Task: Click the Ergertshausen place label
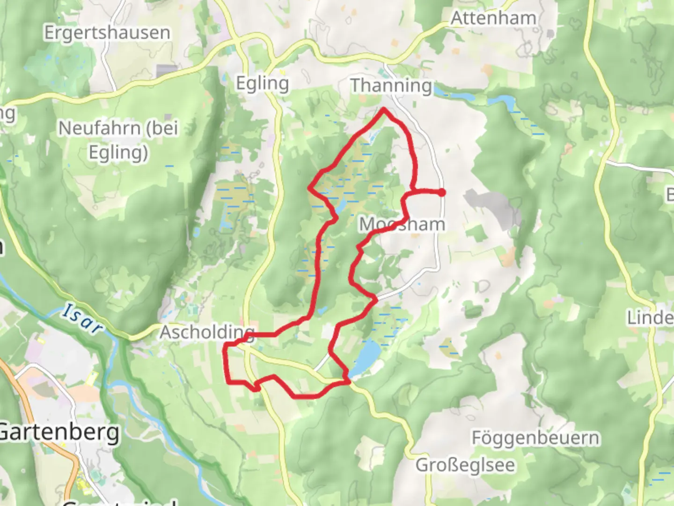[x=107, y=33]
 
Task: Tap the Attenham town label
[x=493, y=19]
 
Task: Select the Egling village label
[x=262, y=83]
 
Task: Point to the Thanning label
[x=391, y=86]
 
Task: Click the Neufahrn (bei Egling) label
[x=118, y=140]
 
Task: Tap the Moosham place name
[x=402, y=224]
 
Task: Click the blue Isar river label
[x=82, y=319]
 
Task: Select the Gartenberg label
[x=59, y=432]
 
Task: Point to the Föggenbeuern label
[x=535, y=438]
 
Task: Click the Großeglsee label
[x=465, y=465]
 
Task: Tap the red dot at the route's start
[x=441, y=192]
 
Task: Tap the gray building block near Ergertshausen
[x=167, y=71]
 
